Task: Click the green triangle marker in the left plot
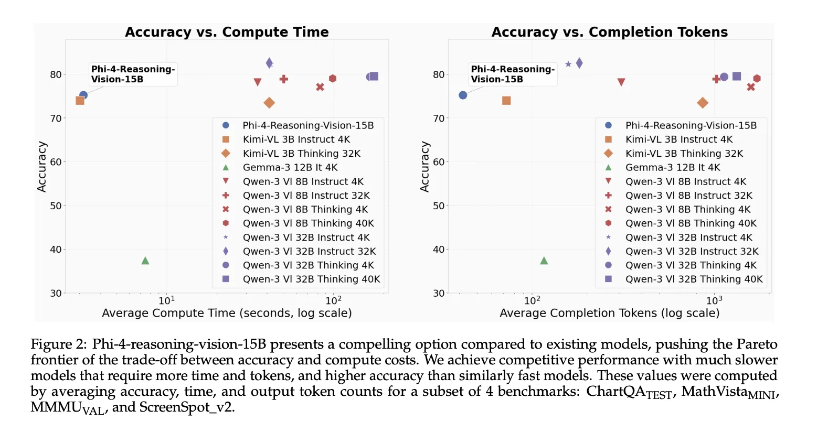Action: [x=145, y=261]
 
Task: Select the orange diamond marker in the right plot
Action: [x=703, y=103]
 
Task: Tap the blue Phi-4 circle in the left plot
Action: [x=83, y=95]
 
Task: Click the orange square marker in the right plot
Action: [x=506, y=101]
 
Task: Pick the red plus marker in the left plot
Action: [x=284, y=79]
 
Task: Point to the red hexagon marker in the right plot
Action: [x=757, y=79]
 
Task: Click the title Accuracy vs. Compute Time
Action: [x=227, y=32]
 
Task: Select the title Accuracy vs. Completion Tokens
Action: [x=609, y=32]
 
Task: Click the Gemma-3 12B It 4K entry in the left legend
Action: [x=290, y=167]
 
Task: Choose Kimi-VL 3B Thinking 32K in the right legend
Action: [x=684, y=154]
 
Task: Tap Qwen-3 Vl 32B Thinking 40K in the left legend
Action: [x=311, y=279]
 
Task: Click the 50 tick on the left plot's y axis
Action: [x=56, y=206]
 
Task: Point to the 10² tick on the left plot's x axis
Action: [x=333, y=300]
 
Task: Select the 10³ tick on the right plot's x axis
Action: [x=714, y=300]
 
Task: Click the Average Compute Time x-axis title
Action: [x=227, y=313]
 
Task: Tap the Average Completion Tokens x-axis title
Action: [x=609, y=313]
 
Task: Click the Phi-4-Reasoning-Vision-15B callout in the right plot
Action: [x=513, y=74]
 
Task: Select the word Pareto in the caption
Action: [x=757, y=344]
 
